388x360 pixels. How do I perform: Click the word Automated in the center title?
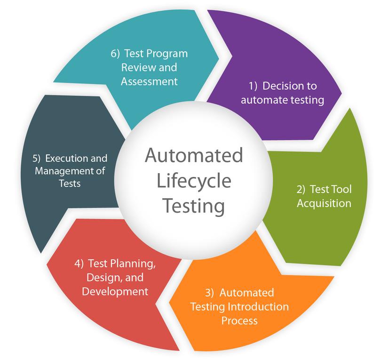point(193,156)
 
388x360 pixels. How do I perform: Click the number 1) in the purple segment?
point(253,86)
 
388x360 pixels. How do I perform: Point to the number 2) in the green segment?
point(301,190)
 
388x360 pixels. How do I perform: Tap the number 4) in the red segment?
point(79,263)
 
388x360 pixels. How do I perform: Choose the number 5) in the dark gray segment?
point(39,159)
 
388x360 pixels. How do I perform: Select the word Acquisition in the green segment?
point(324,203)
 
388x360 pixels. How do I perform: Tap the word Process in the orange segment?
point(239,321)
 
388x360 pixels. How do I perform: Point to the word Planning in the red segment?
point(136,264)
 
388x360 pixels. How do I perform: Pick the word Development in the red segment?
point(115,291)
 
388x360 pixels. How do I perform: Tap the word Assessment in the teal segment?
point(150,81)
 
